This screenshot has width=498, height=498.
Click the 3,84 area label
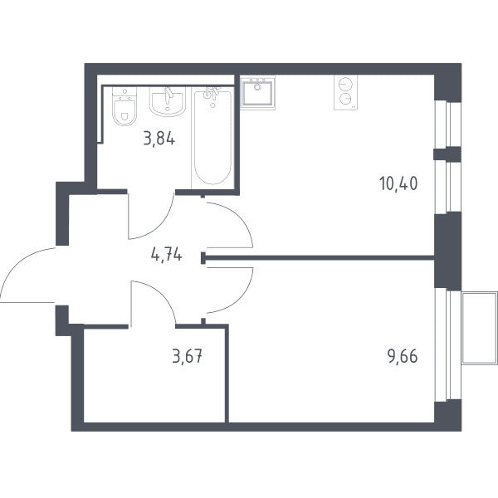pos(159,139)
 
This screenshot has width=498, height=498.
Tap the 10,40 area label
pos(398,184)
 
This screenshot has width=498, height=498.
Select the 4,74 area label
pos(167,255)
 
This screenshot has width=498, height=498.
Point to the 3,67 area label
pos(187,356)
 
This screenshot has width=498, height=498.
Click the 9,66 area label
pos(402,356)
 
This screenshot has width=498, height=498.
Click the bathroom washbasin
pos(168,101)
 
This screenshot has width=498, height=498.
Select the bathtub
pos(212,137)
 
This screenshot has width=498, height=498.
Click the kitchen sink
pos(257,92)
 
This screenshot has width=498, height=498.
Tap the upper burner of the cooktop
pos(345,85)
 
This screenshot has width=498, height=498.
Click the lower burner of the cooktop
pos(345,99)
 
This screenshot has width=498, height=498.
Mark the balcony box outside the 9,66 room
pos(480,328)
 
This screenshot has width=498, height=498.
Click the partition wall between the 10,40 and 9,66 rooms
pos(318,257)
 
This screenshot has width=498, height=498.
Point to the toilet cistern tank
pos(124,92)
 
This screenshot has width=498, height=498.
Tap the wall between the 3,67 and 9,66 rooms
pos(227,373)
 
